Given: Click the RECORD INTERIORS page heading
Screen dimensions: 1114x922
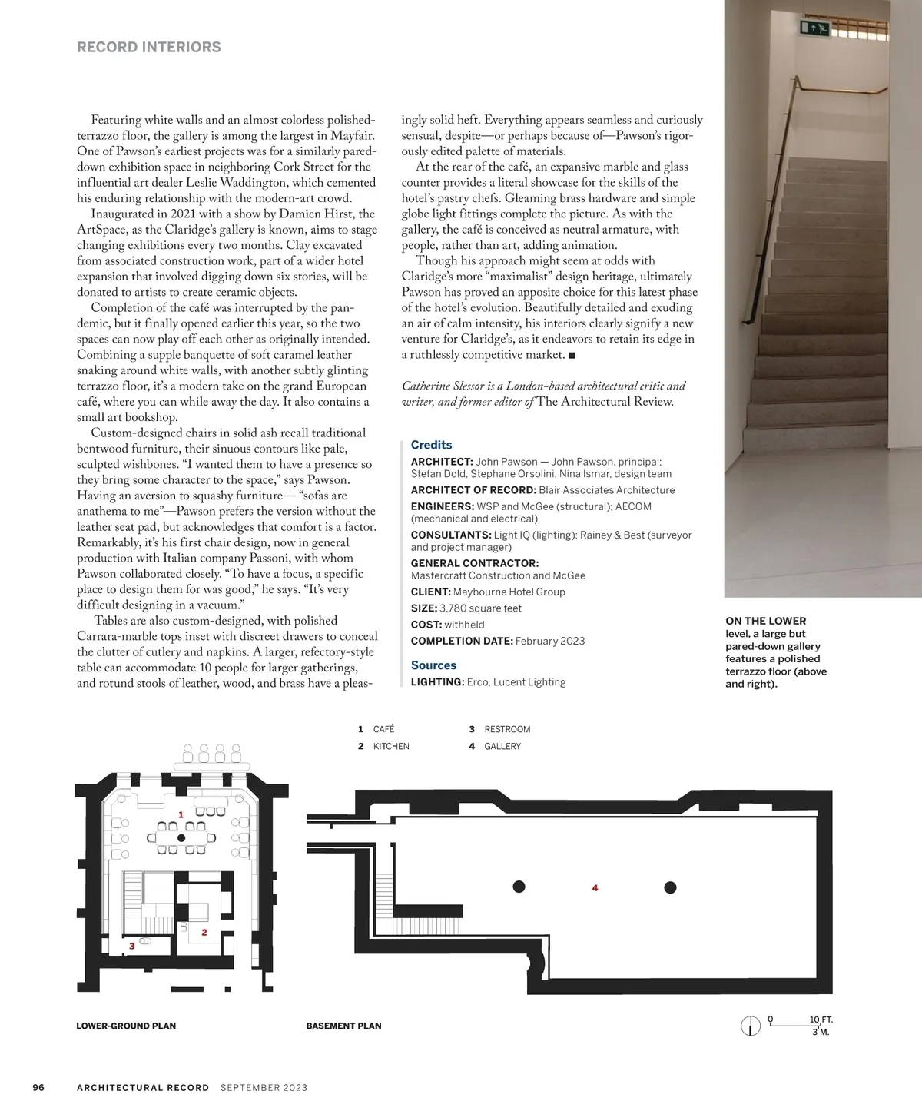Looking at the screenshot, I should [x=149, y=47].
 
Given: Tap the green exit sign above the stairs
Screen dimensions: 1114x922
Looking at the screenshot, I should [x=816, y=29].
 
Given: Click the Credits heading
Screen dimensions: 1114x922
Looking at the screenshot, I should [x=431, y=445].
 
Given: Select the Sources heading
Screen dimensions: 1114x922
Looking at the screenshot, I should [x=433, y=665].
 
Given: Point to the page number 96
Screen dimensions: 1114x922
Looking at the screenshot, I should [x=38, y=1087].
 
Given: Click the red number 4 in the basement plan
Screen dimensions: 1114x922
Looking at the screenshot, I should [x=595, y=888].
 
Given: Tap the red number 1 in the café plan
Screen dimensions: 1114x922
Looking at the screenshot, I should [x=181, y=814].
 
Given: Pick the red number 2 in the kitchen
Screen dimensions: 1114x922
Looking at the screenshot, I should [x=204, y=933].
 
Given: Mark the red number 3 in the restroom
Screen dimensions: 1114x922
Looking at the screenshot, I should [x=132, y=946].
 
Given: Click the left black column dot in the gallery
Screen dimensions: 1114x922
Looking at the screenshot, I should [x=519, y=887].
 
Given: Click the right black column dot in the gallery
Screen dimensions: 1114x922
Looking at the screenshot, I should [x=670, y=887].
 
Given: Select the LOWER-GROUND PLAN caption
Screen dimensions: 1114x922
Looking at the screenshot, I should [x=126, y=1026].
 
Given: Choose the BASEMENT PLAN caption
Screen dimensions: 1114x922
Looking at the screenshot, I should [x=343, y=1026].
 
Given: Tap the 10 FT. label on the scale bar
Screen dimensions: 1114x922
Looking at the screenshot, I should [x=821, y=1020].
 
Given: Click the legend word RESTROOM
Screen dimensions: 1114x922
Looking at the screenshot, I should [x=507, y=729].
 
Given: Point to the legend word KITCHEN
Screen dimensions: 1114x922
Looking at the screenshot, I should [x=391, y=746].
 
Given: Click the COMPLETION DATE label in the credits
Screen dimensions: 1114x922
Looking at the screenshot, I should [x=461, y=641].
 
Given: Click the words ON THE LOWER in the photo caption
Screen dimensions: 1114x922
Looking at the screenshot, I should [x=766, y=621].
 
